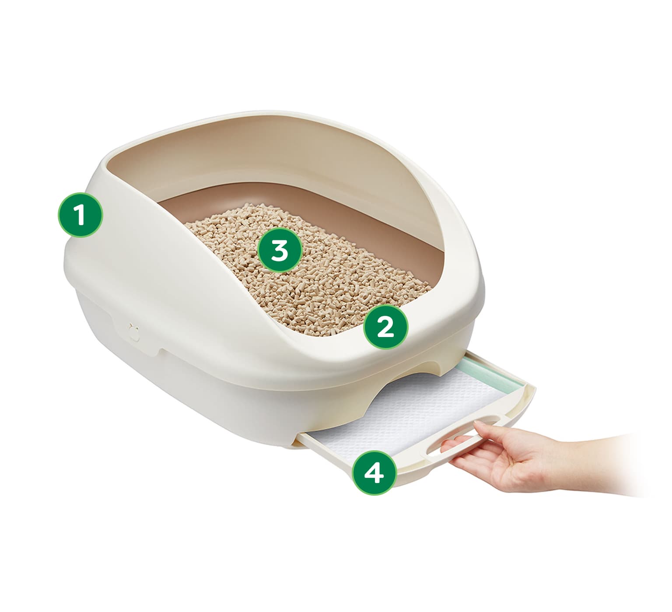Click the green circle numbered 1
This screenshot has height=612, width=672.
click(80, 215)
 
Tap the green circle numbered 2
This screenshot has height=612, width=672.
click(385, 327)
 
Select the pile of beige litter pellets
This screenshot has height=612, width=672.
click(306, 271)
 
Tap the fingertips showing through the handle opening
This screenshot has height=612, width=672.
click(451, 446)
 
